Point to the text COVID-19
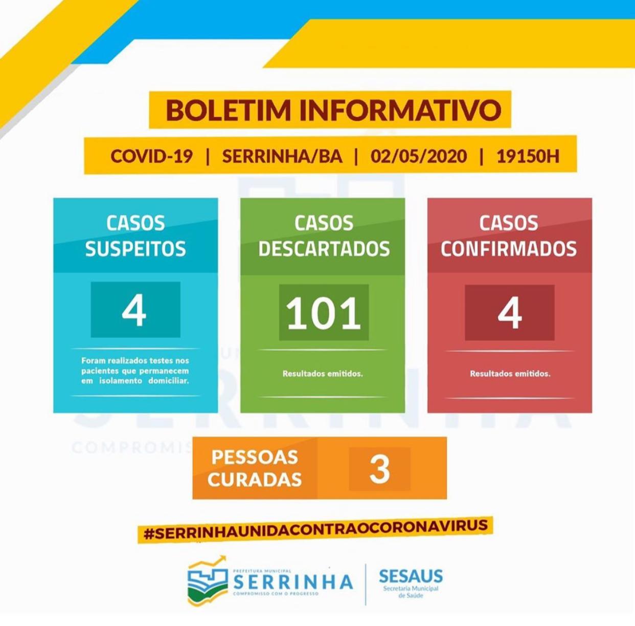coord(151,156)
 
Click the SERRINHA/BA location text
coord(282,156)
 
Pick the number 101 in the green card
coord(323,313)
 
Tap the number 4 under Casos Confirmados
coord(510,313)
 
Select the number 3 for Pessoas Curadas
coord(379,469)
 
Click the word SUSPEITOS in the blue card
coord(135,249)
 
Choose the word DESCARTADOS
coord(324,249)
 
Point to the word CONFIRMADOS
coord(509,249)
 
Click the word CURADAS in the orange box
coord(255,480)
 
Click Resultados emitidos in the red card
coord(510,374)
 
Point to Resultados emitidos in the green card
coord(323,374)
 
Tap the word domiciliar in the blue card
coord(169,381)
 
